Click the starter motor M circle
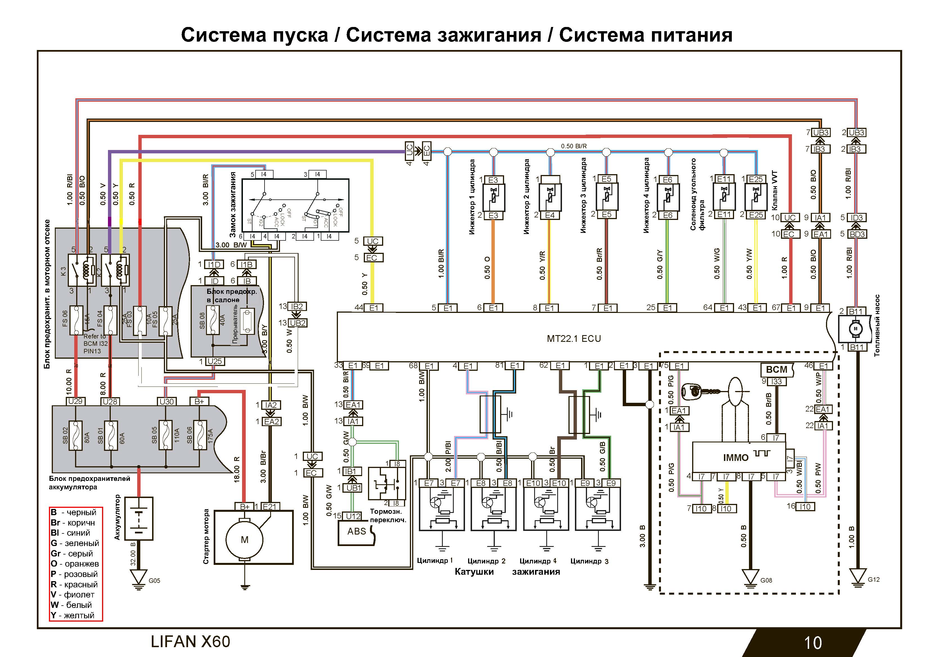click(244, 539)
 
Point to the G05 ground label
click(154, 581)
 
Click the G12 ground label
click(873, 579)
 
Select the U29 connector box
click(75, 401)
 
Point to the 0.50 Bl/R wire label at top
click(574, 146)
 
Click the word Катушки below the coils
click(474, 572)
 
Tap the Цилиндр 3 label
click(589, 561)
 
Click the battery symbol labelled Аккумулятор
click(139, 519)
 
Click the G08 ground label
click(766, 580)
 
